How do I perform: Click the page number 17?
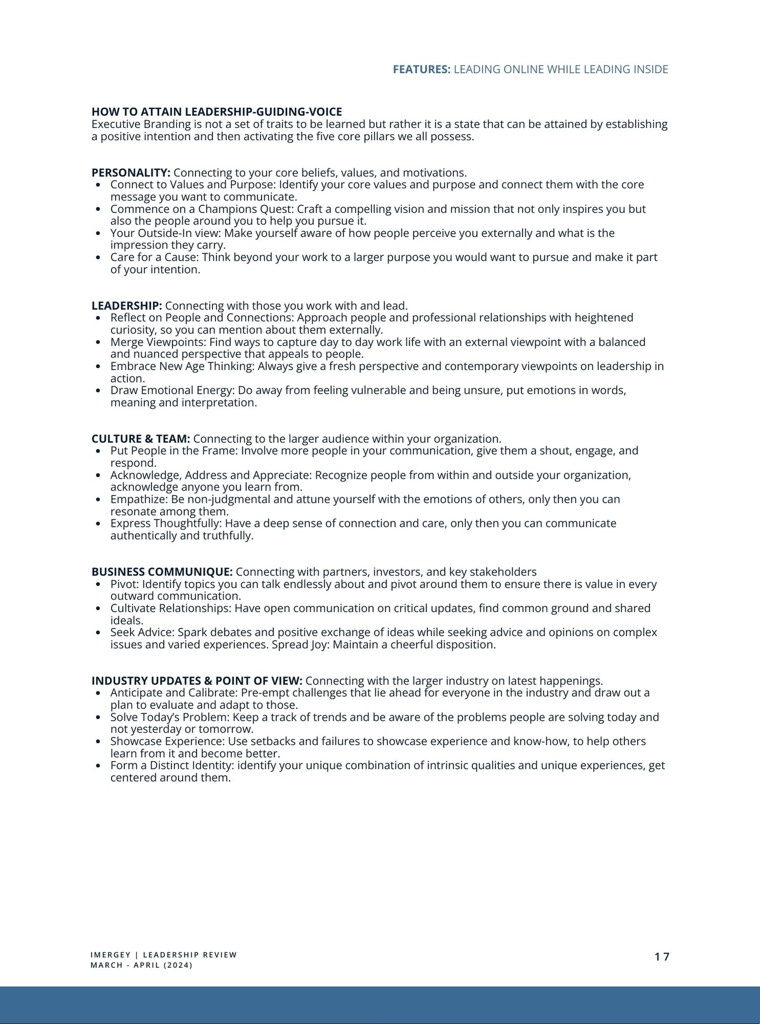(x=662, y=956)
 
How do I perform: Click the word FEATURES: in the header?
(x=421, y=70)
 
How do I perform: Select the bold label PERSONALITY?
(x=131, y=173)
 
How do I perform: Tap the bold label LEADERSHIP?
(x=126, y=306)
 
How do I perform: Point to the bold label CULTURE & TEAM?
(x=141, y=439)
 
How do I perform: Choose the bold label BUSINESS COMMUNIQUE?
(x=162, y=572)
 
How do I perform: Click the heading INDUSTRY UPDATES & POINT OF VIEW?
(x=197, y=681)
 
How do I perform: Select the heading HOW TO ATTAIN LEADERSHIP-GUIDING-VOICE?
(x=217, y=112)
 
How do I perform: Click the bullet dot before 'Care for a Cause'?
(x=98, y=258)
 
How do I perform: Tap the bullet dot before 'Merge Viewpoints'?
(x=98, y=343)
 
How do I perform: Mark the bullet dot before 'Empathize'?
(x=98, y=500)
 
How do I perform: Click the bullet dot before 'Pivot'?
(x=98, y=585)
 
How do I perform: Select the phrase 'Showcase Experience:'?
(x=167, y=741)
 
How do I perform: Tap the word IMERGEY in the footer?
(x=111, y=955)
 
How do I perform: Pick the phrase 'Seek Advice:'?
(x=142, y=632)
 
